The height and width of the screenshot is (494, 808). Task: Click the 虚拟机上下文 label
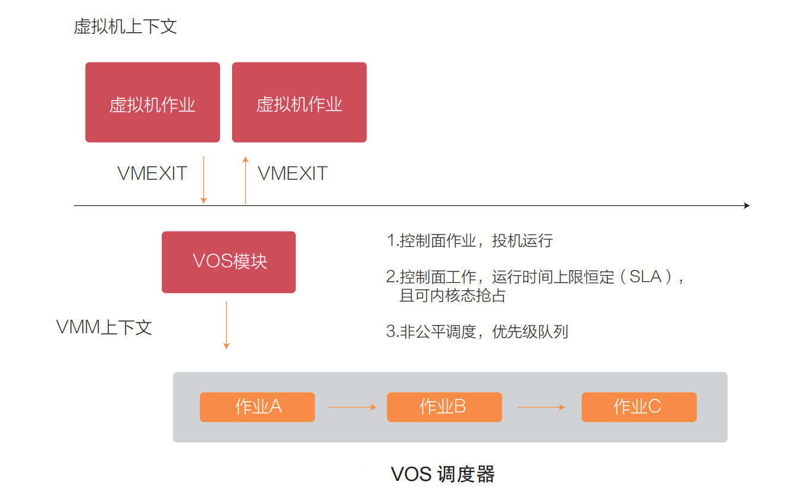click(125, 27)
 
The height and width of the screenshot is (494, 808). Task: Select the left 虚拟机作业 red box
click(152, 102)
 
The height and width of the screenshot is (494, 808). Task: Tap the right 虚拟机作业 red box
click(299, 102)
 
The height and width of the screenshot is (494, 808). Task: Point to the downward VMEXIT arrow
click(203, 180)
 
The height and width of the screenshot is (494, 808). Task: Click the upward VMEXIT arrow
click(245, 180)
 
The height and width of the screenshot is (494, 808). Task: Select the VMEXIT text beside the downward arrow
click(152, 173)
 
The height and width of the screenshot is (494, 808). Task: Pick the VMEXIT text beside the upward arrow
click(293, 173)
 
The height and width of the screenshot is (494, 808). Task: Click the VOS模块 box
click(228, 262)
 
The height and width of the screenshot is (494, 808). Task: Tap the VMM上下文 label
click(104, 327)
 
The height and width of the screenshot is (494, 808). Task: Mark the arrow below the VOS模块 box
click(226, 325)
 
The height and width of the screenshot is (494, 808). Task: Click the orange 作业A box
click(257, 407)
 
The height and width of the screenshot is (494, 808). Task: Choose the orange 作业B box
click(444, 407)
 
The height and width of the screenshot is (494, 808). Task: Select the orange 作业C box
click(638, 407)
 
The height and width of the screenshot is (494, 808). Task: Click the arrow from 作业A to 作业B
click(352, 407)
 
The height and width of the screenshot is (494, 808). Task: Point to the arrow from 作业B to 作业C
click(541, 407)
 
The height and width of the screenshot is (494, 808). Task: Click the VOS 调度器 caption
click(443, 474)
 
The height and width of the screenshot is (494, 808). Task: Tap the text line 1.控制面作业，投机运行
click(469, 240)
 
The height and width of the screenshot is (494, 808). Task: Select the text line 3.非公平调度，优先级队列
click(477, 332)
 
